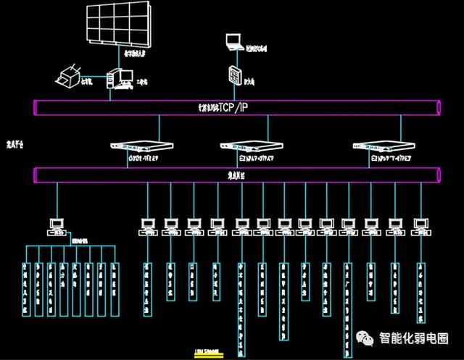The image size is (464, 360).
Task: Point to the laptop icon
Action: pos(234,42)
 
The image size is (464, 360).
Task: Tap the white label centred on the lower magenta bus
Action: pos(235,175)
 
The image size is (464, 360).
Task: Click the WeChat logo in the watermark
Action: pos(364,339)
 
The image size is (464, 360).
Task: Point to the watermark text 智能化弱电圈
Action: pos(414,339)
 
